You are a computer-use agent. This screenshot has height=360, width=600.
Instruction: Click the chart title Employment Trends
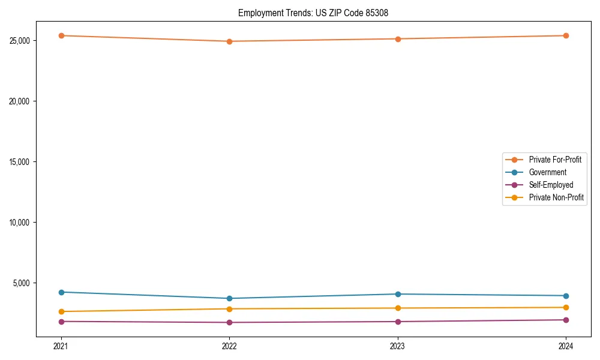coord(313,13)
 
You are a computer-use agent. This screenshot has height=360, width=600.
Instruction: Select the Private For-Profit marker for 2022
coord(229,41)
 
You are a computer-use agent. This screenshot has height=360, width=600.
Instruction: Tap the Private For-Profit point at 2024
coord(566,35)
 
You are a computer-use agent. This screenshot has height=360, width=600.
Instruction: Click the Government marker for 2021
coord(61,292)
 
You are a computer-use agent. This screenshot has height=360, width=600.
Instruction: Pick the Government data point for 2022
coord(229,298)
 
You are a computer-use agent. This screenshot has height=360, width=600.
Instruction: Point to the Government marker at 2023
coord(398,294)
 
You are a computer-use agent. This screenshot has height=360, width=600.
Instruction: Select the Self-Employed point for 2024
coord(566,320)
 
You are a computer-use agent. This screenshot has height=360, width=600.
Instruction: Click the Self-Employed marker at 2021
coord(61,322)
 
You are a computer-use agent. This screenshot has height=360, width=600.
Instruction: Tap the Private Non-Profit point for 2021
coord(61,311)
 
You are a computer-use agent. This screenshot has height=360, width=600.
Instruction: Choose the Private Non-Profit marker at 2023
coord(398,308)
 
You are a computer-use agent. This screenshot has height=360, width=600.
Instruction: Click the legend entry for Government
coord(547,172)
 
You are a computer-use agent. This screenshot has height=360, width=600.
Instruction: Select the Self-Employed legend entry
coord(551,185)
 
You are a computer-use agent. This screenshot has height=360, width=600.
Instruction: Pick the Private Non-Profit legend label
coord(556,197)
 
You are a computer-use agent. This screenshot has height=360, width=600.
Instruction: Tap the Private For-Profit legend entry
coord(555,160)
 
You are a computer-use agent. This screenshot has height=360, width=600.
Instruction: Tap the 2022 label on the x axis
coord(229,346)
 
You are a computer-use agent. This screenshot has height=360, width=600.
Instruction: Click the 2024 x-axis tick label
coord(566,346)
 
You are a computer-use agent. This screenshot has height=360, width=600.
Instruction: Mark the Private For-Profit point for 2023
coord(398,39)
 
